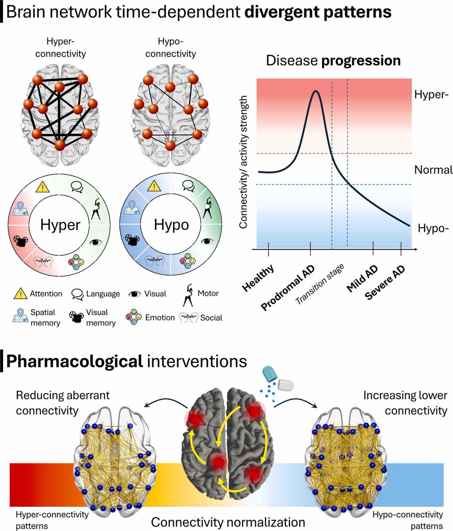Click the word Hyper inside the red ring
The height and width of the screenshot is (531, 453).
pyautogui.click(x=60, y=225)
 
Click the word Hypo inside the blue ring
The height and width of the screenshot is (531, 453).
pyautogui.click(x=171, y=225)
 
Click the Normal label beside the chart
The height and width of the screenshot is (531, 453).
pyautogui.click(x=433, y=170)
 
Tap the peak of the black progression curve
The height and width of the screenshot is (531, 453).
pyautogui.click(x=316, y=92)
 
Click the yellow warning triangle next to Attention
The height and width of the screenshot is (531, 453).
pyautogui.click(x=19, y=293)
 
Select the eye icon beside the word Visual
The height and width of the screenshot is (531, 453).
pyautogui.click(x=134, y=294)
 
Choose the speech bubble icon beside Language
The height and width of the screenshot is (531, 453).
pyautogui.click(x=78, y=294)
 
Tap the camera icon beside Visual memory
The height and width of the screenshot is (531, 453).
pyautogui.click(x=76, y=317)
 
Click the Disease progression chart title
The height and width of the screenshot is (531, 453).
pyautogui.click(x=333, y=60)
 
